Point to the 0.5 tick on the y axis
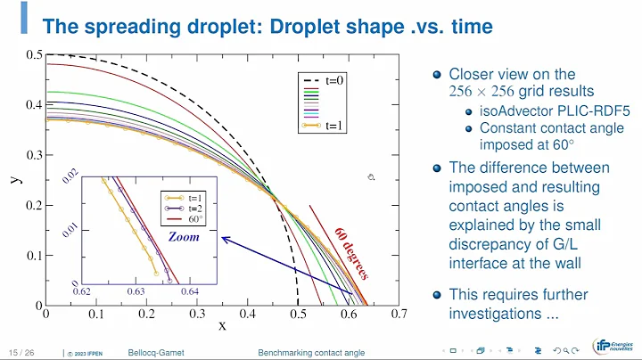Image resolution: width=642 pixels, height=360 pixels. coord(33,55)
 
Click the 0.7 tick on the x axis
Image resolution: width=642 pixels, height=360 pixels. coord(398,314)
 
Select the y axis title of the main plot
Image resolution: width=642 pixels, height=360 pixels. coord(16,179)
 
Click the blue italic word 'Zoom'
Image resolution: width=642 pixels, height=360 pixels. coord(185,237)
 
